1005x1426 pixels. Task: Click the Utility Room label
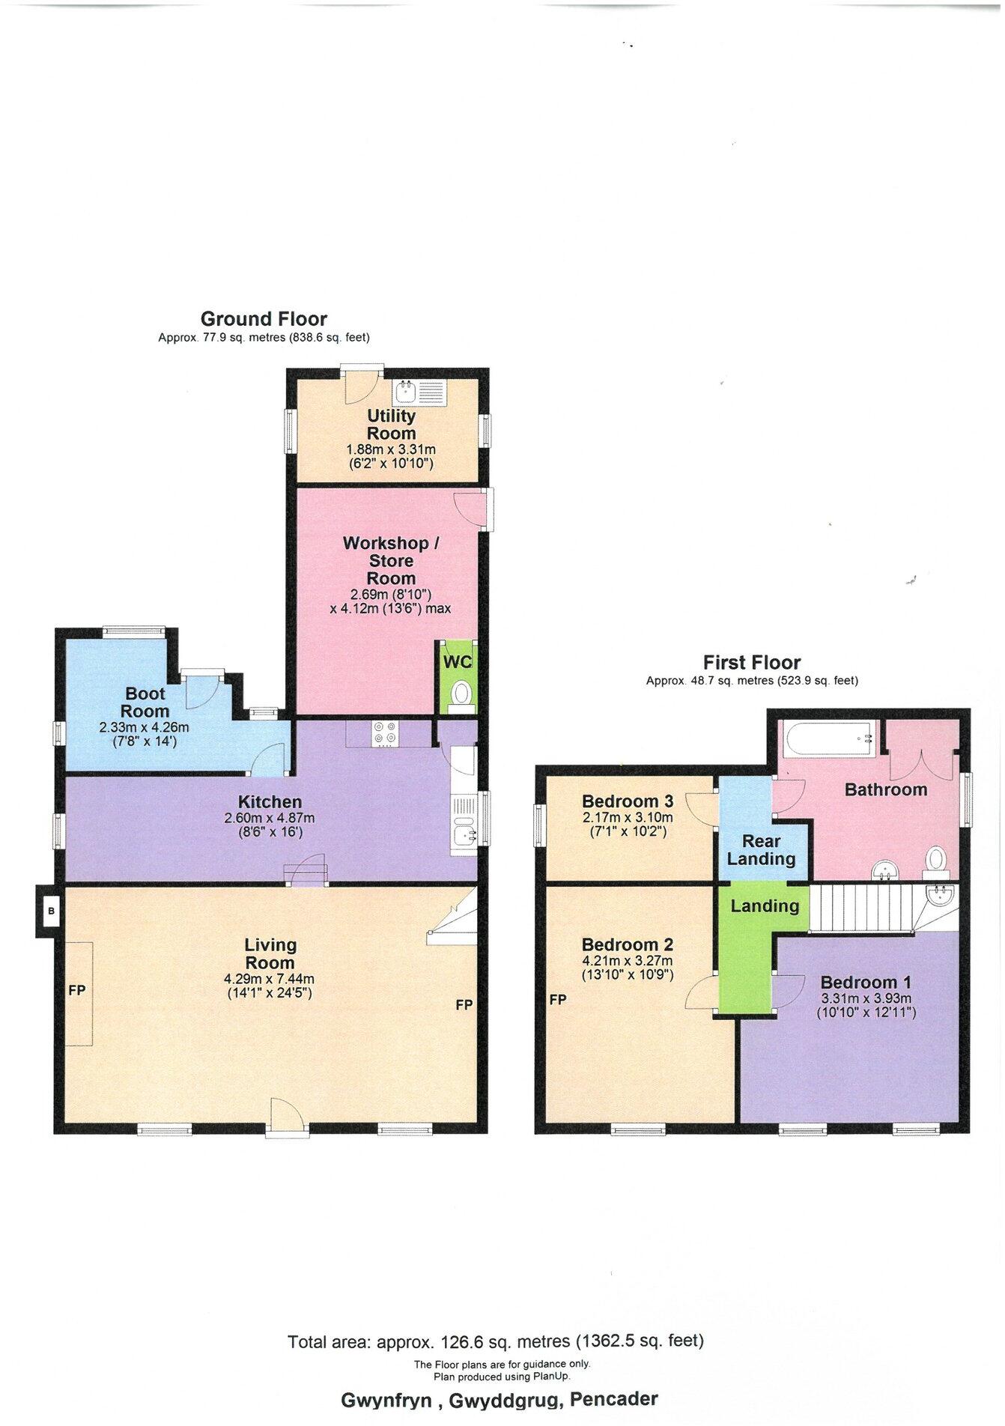click(391, 424)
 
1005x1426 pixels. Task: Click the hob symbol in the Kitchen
click(386, 732)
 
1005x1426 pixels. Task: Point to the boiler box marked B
click(51, 911)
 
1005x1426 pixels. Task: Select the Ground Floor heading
click(264, 319)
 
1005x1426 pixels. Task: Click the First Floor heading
click(751, 662)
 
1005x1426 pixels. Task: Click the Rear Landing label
click(761, 850)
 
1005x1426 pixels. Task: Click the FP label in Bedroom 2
click(556, 999)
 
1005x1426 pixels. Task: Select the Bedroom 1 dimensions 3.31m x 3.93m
click(866, 998)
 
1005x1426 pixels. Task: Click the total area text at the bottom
click(496, 1341)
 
